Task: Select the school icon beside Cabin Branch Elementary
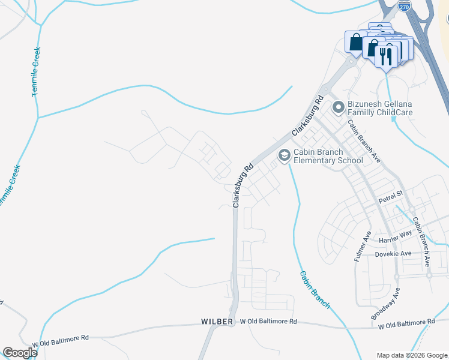(x=284, y=155)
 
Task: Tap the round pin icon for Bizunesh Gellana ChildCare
(x=338, y=107)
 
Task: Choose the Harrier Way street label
(x=395, y=236)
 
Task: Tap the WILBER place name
(x=217, y=322)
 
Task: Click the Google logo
(x=20, y=353)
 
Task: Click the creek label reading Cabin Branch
(x=315, y=289)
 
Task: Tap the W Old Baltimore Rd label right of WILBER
(x=268, y=322)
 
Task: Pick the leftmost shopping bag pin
(x=355, y=42)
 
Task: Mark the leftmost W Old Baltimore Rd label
(x=61, y=338)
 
